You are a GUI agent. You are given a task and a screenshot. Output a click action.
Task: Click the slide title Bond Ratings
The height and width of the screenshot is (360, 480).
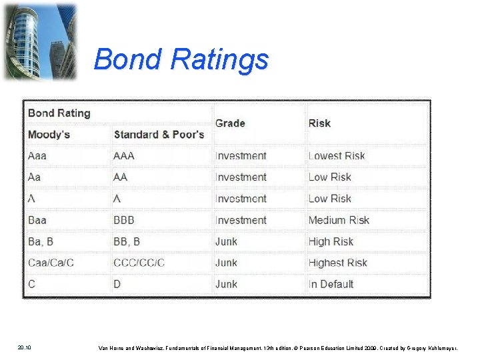click(181, 59)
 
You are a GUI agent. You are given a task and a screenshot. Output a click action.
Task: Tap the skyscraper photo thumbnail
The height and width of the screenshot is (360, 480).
click(39, 41)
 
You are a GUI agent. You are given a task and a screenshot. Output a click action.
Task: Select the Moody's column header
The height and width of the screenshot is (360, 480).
click(49, 135)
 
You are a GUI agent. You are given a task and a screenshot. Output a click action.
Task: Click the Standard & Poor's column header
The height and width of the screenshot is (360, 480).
click(159, 135)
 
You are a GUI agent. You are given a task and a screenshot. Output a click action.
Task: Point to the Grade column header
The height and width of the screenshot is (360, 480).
click(230, 123)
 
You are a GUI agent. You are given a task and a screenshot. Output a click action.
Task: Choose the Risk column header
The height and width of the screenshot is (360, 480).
click(319, 123)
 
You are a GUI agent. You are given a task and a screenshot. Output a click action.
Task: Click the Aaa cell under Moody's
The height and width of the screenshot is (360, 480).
click(39, 156)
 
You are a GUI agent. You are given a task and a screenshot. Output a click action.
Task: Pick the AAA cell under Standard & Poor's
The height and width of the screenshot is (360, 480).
click(124, 156)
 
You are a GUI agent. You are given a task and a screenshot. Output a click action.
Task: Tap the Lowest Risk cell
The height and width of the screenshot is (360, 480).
click(337, 156)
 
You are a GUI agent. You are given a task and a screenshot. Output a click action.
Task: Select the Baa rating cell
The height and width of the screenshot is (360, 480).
click(37, 220)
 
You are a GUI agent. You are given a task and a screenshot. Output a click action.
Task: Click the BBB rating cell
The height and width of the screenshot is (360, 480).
click(124, 220)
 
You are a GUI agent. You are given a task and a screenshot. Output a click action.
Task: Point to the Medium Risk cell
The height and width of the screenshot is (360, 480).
click(339, 220)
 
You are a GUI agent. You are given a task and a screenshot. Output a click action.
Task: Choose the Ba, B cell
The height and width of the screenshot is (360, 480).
click(41, 241)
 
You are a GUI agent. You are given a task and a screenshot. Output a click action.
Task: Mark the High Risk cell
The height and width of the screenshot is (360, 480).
click(331, 241)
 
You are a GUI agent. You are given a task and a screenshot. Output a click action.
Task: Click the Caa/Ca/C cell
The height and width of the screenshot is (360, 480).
click(51, 263)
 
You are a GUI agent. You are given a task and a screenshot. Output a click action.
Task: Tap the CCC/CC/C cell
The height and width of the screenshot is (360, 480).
click(139, 263)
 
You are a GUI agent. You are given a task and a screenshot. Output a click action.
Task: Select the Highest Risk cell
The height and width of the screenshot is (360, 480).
click(337, 263)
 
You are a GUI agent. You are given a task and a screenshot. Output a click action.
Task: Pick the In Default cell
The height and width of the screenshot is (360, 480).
click(331, 284)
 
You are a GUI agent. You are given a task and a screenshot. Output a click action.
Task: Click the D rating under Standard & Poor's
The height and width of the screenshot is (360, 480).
click(117, 284)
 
